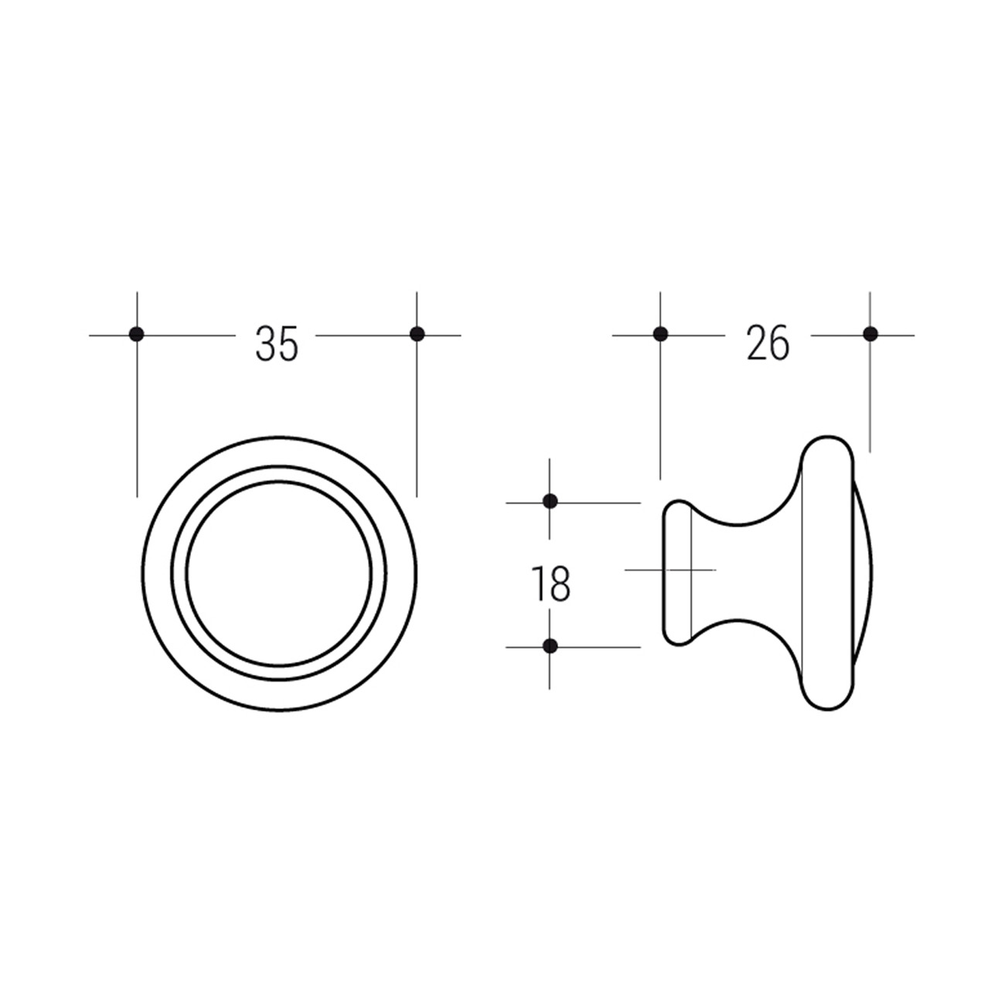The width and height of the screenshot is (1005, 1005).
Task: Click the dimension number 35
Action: tap(277, 344)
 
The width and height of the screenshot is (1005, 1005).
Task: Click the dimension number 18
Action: tap(550, 584)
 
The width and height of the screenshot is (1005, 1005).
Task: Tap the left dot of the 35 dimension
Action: tap(136, 334)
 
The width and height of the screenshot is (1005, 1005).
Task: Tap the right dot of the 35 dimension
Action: tap(417, 334)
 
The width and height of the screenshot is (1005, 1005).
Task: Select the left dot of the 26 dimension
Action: tap(660, 334)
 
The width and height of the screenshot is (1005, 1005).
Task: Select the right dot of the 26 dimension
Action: tap(870, 334)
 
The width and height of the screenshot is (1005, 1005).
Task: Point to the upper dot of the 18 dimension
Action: tap(550, 501)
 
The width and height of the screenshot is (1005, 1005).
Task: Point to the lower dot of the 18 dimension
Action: tap(550, 646)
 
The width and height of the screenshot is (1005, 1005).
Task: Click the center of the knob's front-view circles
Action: tap(279, 573)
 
